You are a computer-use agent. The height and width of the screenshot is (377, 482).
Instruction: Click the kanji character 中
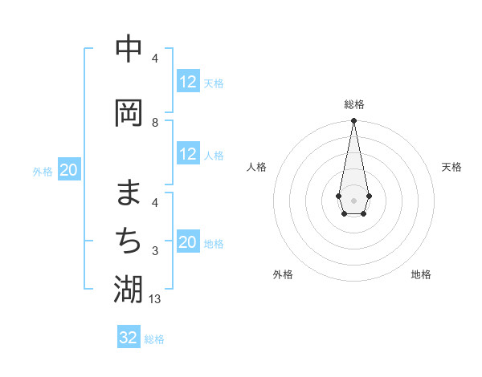coord(129,49)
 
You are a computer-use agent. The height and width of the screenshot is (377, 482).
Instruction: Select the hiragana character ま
coord(129,193)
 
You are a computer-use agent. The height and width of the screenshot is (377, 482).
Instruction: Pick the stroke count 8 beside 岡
coord(155,122)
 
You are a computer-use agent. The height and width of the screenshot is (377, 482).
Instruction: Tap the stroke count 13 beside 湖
coord(156,299)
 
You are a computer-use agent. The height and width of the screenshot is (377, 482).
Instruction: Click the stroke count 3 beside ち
coord(155,251)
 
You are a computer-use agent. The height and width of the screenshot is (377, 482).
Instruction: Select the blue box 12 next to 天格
coord(188,82)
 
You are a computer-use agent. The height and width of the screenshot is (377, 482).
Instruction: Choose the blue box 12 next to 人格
coord(188,154)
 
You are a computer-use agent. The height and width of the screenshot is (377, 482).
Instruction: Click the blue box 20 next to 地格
coord(188,242)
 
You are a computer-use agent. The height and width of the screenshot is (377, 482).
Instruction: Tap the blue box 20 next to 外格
coord(69,170)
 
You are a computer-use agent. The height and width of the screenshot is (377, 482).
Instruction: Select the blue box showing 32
coord(129,338)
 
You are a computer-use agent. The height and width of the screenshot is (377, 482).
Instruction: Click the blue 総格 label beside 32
coord(154,339)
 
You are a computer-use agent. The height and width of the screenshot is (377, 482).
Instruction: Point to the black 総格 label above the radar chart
coord(354,104)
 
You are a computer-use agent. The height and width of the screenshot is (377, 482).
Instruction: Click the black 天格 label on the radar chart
coord(452,167)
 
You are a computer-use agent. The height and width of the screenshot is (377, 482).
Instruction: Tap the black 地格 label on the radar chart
coord(421,274)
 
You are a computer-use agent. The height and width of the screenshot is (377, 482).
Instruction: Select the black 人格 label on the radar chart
coord(256,167)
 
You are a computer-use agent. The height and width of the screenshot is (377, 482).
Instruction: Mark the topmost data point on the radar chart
coord(354,121)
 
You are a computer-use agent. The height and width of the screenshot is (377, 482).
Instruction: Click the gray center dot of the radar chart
coord(354,200)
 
